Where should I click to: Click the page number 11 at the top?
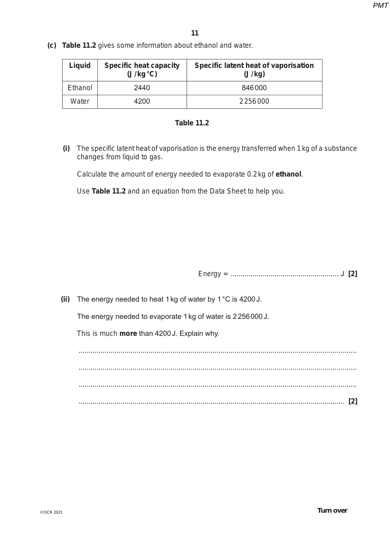tap(195, 33)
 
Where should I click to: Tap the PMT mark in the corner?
tap(380, 6)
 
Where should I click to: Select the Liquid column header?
tap(80, 66)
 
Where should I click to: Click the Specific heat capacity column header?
tap(142, 70)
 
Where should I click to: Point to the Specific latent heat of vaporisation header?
tap(254, 70)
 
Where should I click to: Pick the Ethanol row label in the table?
tap(80, 88)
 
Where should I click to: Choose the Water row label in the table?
tap(80, 101)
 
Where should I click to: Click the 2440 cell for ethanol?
tap(142, 88)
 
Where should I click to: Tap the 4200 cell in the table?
tap(142, 101)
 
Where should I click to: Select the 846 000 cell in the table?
tap(254, 88)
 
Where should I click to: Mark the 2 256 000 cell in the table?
tap(254, 101)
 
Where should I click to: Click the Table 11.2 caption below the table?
tap(192, 123)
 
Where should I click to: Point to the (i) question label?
tap(66, 148)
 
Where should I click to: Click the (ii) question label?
tap(65, 299)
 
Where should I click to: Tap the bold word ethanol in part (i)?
tap(288, 174)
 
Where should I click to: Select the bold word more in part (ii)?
tap(128, 334)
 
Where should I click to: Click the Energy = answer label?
tap(213, 274)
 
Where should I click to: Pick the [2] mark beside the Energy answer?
tap(353, 274)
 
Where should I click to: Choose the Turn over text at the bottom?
tap(332, 510)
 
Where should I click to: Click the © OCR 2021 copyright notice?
tap(51, 512)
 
